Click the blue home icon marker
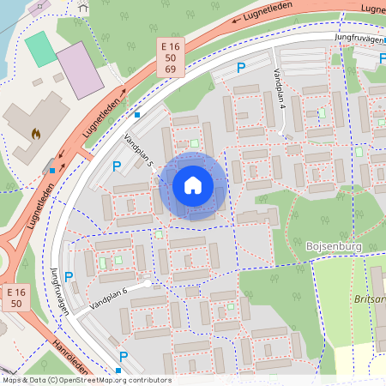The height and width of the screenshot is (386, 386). click(x=193, y=185)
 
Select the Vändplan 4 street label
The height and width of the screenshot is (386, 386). click(x=279, y=89)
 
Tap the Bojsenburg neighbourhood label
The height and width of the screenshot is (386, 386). click(x=335, y=246)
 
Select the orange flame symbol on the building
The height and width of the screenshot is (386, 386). click(x=35, y=134)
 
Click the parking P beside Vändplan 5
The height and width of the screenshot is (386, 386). click(x=116, y=166)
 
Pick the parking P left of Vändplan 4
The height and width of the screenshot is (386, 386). click(x=241, y=67)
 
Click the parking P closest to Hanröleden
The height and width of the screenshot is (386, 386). click(x=124, y=356)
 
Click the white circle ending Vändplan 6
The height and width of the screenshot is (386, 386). click(x=148, y=282)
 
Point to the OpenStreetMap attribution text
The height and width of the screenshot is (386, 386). click(x=87, y=380)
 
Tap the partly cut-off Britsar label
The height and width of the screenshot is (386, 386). click(x=370, y=300)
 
